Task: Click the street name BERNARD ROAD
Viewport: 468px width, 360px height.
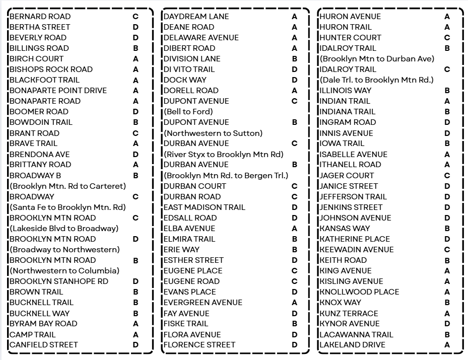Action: pyautogui.click(x=40, y=17)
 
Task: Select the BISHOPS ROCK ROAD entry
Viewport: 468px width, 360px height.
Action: pyautogui.click(x=51, y=69)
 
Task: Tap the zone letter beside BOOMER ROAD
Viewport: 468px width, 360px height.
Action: pyautogui.click(x=136, y=112)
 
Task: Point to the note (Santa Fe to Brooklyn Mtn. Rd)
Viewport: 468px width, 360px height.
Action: pyautogui.click(x=68, y=207)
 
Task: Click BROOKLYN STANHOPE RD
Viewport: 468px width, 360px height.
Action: pyautogui.click(x=59, y=281)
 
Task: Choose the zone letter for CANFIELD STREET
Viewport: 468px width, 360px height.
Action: pyautogui.click(x=136, y=345)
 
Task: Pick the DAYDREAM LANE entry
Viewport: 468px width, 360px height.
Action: pyautogui.click(x=196, y=17)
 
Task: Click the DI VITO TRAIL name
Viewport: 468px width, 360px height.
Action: pyautogui.click(x=189, y=69)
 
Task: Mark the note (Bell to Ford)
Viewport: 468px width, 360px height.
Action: pyautogui.click(x=188, y=112)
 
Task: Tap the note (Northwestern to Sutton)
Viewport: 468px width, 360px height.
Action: pyautogui.click(x=213, y=133)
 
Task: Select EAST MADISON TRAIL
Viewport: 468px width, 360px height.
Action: pyautogui.click(x=205, y=207)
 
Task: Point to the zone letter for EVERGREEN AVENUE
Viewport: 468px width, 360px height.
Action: pyautogui.click(x=295, y=303)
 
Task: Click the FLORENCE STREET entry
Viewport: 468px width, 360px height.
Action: pyautogui.click(x=199, y=345)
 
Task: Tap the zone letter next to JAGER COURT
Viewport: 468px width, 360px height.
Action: pyautogui.click(x=447, y=176)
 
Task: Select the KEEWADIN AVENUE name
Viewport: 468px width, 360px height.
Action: pyautogui.click(x=357, y=250)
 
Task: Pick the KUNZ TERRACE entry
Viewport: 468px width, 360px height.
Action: pyautogui.click(x=349, y=313)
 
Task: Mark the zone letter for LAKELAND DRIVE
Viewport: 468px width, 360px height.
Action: pyautogui.click(x=447, y=345)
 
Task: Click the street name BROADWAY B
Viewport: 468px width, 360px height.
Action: pyautogui.click(x=35, y=176)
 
